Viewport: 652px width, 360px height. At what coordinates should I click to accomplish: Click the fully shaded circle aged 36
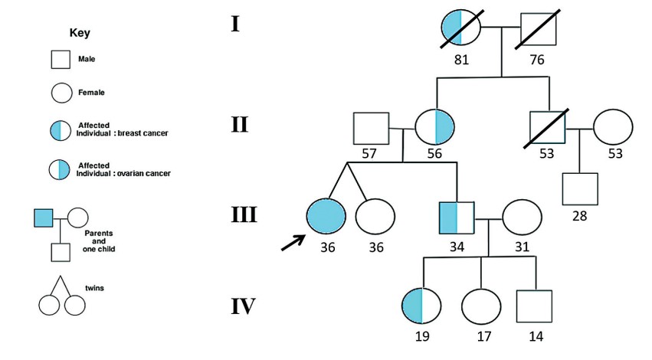(x=326, y=216)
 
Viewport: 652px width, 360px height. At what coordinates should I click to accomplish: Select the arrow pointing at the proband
(x=291, y=241)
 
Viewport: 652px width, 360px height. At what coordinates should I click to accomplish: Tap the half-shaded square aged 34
(x=457, y=216)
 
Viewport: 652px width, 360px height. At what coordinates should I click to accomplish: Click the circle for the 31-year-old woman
(x=522, y=216)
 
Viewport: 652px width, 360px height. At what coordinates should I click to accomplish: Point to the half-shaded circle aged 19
(x=421, y=306)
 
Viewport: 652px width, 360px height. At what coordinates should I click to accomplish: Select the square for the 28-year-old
(x=579, y=189)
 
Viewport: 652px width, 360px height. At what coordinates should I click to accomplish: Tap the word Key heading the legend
(x=80, y=33)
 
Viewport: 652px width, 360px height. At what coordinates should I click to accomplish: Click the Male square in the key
(x=62, y=60)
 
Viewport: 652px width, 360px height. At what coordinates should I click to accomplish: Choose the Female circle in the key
(x=62, y=93)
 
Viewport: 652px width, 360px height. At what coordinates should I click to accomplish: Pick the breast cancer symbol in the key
(x=62, y=130)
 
